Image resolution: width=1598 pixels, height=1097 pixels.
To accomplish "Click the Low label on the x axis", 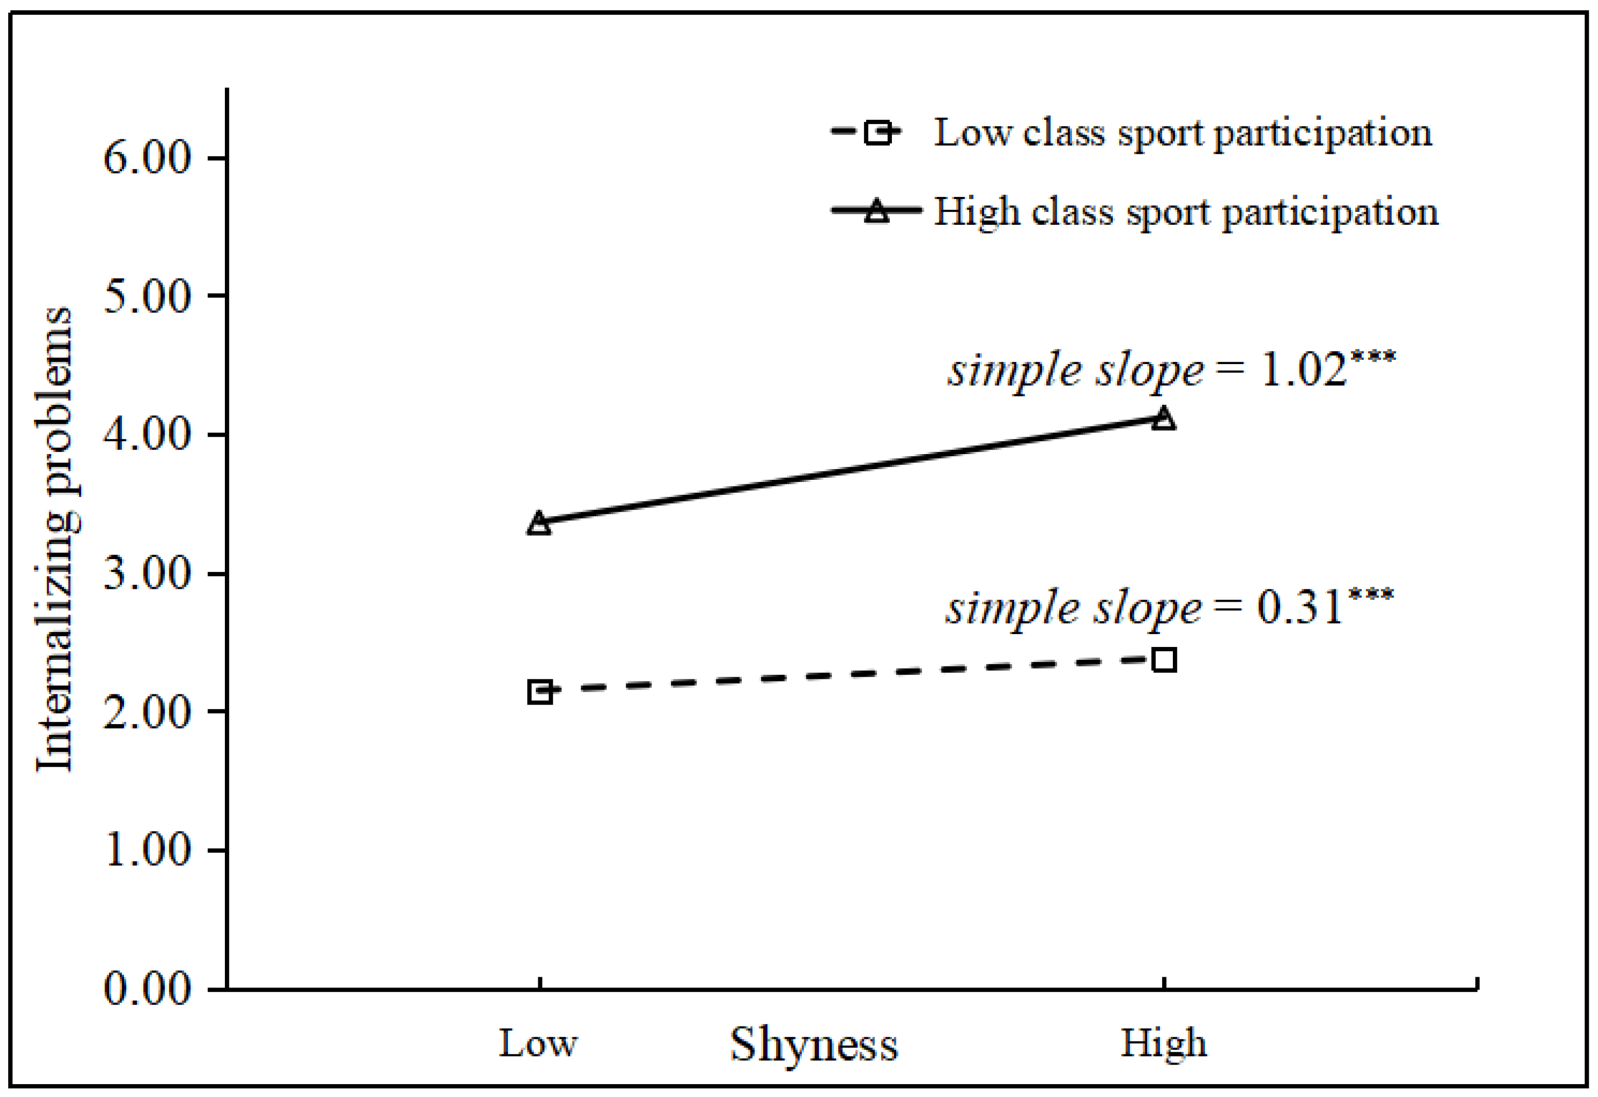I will (x=538, y=1044).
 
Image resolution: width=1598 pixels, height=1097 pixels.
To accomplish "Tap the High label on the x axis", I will (x=1164, y=1044).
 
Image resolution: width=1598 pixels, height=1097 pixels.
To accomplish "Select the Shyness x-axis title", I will (x=814, y=1045).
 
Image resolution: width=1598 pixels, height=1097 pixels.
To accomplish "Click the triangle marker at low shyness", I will (x=540, y=524).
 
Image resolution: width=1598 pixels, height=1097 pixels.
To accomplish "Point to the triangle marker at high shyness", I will (x=1164, y=419).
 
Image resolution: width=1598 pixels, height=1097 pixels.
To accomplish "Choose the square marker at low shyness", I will (x=540, y=691).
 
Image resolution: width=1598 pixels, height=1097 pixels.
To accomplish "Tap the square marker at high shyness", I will (x=1164, y=660).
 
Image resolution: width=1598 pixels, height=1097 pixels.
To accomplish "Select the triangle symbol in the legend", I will (x=877, y=211).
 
